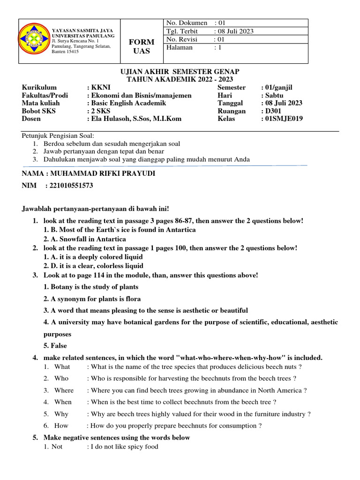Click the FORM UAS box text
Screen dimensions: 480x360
tap(141, 46)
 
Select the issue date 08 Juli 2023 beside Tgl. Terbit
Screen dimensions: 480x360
tap(236, 31)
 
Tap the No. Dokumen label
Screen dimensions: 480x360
tap(187, 22)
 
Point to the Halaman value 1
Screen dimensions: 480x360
tap(218, 47)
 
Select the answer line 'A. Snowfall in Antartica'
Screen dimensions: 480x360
tap(85, 239)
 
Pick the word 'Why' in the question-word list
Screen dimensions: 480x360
tap(61, 414)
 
